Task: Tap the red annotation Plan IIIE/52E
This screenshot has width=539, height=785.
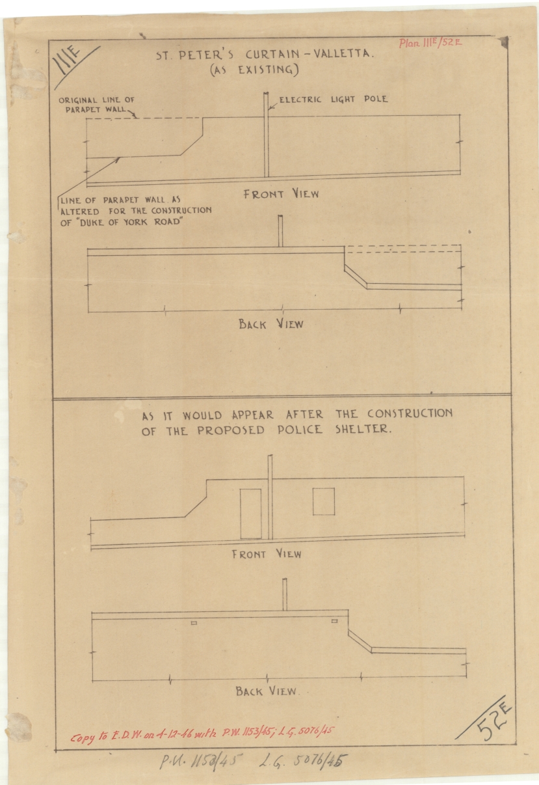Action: (430, 44)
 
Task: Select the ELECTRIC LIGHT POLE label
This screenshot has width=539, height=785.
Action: (333, 100)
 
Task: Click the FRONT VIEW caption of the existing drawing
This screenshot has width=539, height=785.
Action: (281, 194)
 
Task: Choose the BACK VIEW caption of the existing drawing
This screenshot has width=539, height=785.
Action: (270, 324)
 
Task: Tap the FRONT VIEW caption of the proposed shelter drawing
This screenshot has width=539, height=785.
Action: (267, 555)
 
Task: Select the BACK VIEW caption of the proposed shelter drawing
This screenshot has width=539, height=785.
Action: (267, 691)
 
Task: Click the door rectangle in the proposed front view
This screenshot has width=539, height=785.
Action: (250, 514)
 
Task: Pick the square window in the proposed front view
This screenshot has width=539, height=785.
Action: (323, 501)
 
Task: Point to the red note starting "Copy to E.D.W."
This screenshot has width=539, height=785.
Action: (202, 734)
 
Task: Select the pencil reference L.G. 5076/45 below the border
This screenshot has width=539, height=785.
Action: (309, 760)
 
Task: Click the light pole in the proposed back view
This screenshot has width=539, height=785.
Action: (284, 594)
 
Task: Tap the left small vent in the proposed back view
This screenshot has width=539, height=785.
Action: (194, 623)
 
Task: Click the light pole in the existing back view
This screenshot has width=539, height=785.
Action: (281, 231)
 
